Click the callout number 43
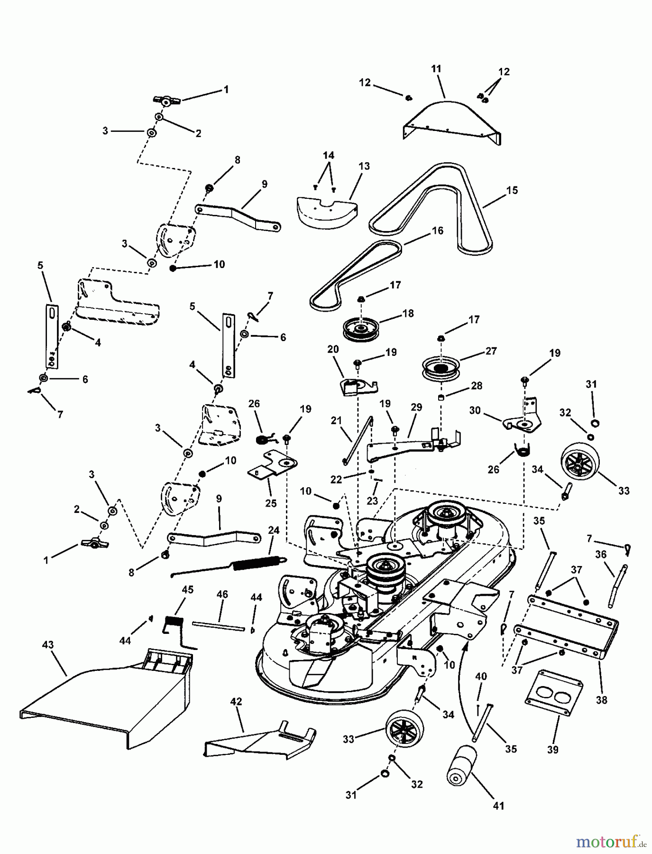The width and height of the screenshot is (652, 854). (x=48, y=645)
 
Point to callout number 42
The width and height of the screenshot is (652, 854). (x=236, y=702)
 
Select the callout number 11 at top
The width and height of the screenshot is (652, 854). (x=436, y=69)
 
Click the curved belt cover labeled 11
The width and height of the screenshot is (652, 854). (x=450, y=119)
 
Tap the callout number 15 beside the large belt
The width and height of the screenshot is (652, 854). (x=512, y=190)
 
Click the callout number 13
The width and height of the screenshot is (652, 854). (x=364, y=167)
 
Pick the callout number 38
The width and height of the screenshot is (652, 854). (x=601, y=700)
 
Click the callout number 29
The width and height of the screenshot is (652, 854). (x=416, y=407)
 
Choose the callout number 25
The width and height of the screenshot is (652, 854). (x=271, y=503)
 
